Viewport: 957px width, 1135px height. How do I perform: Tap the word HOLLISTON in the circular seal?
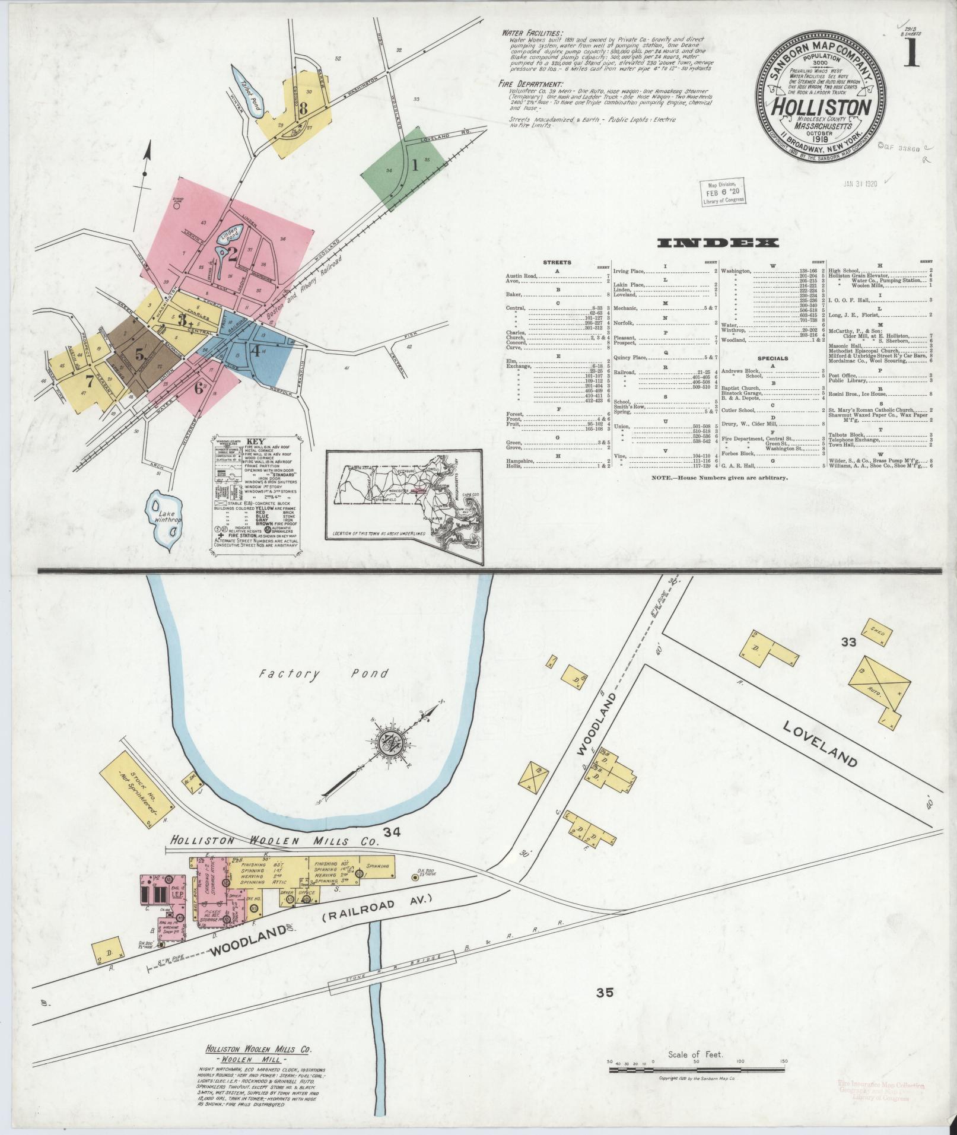(821, 107)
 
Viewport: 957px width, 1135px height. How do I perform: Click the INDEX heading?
(718, 243)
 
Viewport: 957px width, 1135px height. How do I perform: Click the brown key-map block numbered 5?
(138, 354)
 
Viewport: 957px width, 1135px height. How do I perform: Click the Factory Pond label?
(324, 674)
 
